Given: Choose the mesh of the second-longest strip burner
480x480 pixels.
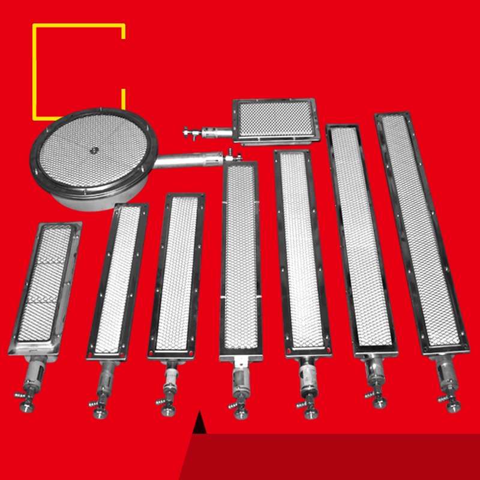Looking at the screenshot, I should coord(360,240).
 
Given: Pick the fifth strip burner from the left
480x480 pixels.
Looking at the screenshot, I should coord(300,252).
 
